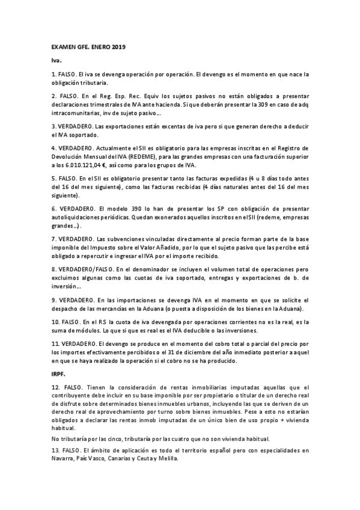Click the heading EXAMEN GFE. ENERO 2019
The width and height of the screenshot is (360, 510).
88,47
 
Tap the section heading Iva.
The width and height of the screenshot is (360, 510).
56,61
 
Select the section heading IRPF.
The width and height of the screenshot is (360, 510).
58,373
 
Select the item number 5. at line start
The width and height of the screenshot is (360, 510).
53,179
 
